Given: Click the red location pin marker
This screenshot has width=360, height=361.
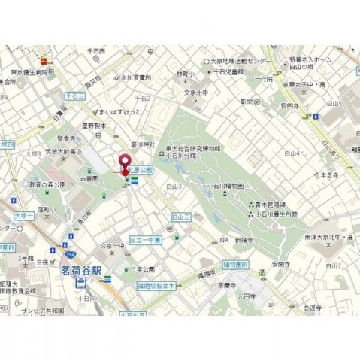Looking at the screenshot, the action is [x=124, y=162].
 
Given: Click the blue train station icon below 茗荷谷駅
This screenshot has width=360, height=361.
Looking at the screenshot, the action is [x=80, y=283].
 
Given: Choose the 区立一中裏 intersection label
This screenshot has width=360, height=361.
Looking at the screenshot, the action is [x=145, y=239].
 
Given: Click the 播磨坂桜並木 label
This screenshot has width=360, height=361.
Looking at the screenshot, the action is [x=156, y=286].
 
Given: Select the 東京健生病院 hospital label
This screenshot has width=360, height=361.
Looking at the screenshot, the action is [x=30, y=73].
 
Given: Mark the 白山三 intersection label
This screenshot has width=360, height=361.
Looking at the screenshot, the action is [x=179, y=216].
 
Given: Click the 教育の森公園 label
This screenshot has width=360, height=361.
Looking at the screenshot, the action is [x=46, y=184].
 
